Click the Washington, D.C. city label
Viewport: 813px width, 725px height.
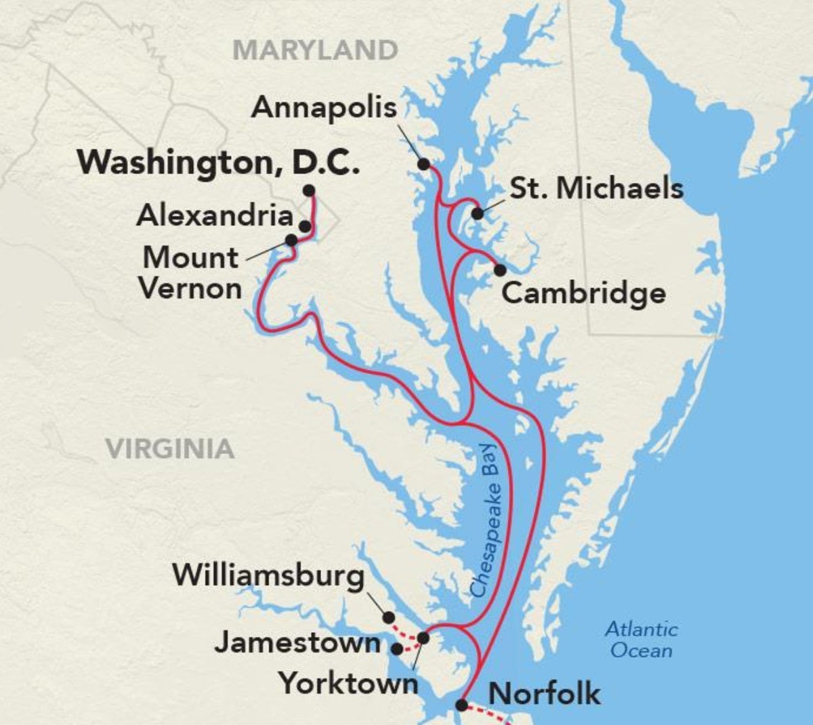[x=217, y=163]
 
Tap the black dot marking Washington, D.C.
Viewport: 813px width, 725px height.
[x=309, y=190]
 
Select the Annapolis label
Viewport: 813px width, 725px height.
[x=324, y=108]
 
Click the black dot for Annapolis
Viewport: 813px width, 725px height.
[x=423, y=164]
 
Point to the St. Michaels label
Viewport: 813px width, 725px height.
[x=596, y=188]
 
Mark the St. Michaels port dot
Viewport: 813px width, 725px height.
[x=478, y=213]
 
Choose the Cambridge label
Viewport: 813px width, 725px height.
[x=583, y=293]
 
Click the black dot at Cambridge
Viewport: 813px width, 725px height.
[x=500, y=270]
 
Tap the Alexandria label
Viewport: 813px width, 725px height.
[x=215, y=215]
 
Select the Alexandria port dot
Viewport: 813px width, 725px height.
[x=305, y=226]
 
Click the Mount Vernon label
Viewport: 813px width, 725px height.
[x=190, y=272]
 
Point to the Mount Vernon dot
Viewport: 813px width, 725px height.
[x=291, y=240]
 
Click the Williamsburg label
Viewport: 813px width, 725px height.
[x=268, y=575]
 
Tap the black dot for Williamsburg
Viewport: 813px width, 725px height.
[x=388, y=617]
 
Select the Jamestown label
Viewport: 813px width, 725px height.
[x=297, y=642]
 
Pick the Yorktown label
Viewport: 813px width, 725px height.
[x=349, y=682]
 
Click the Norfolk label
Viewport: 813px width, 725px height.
[x=544, y=693]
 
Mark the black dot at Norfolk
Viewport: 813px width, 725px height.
[x=461, y=705]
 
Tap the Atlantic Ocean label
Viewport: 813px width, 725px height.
[x=641, y=640]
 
